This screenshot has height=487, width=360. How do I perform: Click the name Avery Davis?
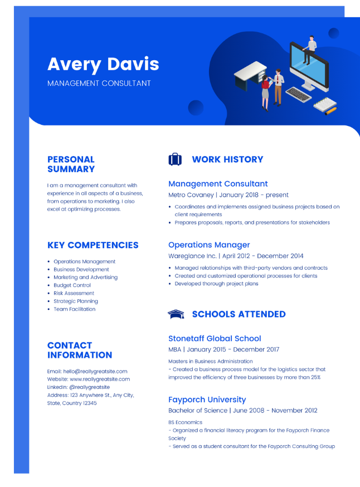click(x=103, y=64)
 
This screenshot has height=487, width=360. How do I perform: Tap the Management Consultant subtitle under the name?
click(x=99, y=83)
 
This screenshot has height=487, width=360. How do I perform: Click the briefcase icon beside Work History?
click(x=175, y=159)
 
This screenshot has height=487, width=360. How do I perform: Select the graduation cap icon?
click(x=176, y=314)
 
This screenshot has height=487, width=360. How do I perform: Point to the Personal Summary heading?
click(x=71, y=164)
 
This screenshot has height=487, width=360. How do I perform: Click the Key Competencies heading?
click(x=93, y=245)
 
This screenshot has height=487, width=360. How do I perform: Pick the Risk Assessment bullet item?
click(x=74, y=293)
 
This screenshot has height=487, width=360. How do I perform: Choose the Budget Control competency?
click(x=72, y=285)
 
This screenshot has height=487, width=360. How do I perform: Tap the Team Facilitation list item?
click(x=75, y=309)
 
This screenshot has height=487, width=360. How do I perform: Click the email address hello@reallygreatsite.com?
click(x=95, y=371)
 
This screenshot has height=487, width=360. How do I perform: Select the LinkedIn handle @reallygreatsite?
click(x=90, y=387)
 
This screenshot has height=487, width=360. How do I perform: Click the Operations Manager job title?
click(x=209, y=245)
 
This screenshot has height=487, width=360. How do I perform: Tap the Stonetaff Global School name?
click(x=215, y=338)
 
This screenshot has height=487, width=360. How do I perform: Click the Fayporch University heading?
click(x=207, y=400)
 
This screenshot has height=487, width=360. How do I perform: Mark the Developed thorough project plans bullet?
click(x=216, y=284)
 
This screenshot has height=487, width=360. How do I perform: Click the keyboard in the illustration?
click(x=298, y=94)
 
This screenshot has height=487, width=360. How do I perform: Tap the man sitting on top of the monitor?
click(x=310, y=50)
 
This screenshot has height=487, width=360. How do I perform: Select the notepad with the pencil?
click(x=325, y=106)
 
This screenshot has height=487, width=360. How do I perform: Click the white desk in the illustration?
click(x=250, y=75)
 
